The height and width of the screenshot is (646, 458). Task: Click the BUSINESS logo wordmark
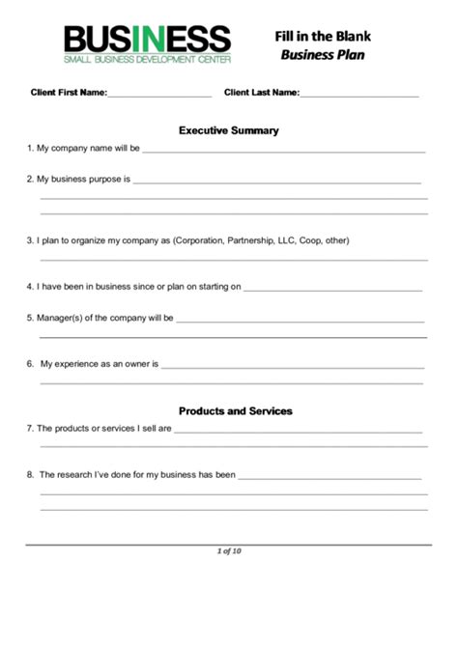(x=147, y=40)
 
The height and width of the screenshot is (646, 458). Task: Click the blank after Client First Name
(x=159, y=95)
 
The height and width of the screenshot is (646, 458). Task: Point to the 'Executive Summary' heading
(x=229, y=129)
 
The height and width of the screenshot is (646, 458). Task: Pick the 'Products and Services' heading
(x=235, y=410)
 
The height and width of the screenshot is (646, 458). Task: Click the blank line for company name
(x=284, y=151)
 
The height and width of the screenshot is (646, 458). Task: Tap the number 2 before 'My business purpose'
(x=29, y=179)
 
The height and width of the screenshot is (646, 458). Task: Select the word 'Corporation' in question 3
(x=198, y=240)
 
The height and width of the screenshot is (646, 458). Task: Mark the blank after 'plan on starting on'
(x=332, y=288)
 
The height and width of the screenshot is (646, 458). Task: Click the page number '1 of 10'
(x=229, y=551)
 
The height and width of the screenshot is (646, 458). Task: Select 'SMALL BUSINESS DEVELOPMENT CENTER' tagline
(x=147, y=59)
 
